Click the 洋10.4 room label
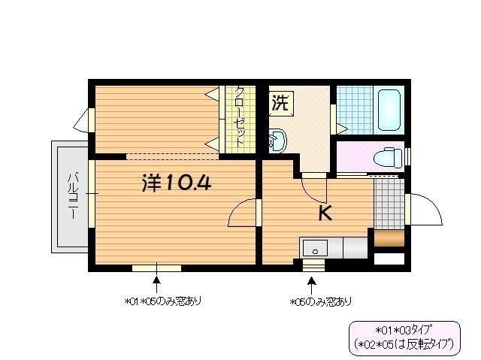pos(176,183)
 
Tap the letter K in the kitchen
pos(325,213)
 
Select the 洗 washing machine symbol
pos(280,103)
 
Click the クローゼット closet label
pos(239,119)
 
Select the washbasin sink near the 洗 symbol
pos(277,139)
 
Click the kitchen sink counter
pos(334,247)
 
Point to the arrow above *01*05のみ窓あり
pos(157,283)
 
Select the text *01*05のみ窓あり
pos(163,301)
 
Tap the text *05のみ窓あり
pos(321,302)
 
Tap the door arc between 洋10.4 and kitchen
pos(242,213)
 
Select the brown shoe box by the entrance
pos(389,240)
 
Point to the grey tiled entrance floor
pos(389,202)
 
